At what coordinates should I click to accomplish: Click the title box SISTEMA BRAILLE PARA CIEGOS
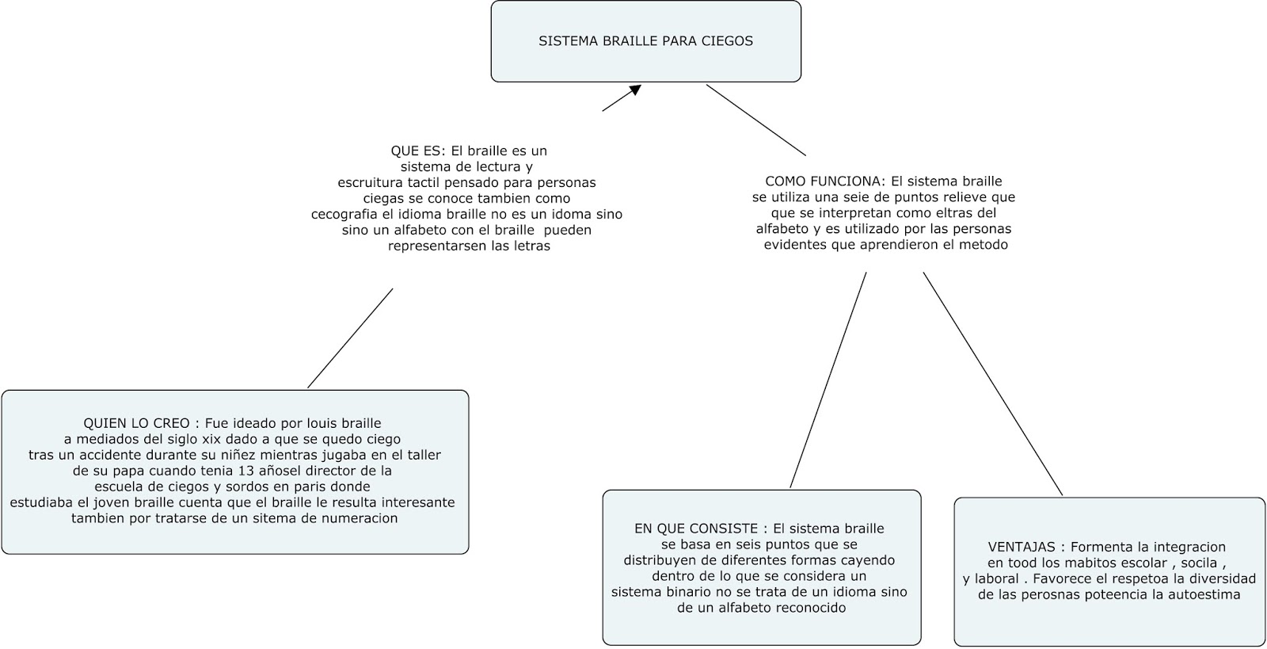point(645,41)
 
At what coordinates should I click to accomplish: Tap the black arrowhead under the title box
point(633,90)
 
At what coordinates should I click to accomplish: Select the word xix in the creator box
point(215,439)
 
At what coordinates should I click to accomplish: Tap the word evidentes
point(795,245)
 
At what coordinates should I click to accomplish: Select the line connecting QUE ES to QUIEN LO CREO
point(350,338)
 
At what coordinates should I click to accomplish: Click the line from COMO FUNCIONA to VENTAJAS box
point(992,384)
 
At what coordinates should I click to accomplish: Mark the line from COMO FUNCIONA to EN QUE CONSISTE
point(828,380)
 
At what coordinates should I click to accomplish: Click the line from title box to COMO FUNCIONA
point(756,120)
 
